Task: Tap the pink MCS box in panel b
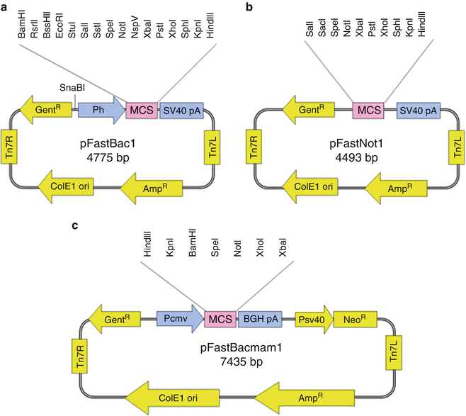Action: (x=368, y=111)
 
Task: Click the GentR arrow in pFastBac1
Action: (x=43, y=111)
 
